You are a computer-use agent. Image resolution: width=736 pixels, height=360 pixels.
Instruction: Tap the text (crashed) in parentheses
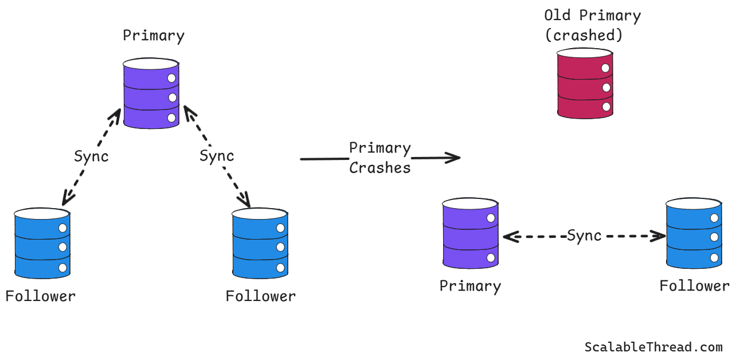584,35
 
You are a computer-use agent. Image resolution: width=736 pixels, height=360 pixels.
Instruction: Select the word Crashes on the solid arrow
380,168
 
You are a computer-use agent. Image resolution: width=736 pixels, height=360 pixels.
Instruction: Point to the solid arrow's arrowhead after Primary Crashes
456,157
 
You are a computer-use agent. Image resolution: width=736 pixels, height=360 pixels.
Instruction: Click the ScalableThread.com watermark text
653,347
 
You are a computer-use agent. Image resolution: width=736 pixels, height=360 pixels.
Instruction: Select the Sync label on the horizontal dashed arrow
584,236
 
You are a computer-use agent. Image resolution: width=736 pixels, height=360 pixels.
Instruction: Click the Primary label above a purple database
154,36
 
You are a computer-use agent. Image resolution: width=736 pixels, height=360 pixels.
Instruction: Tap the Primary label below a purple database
470,286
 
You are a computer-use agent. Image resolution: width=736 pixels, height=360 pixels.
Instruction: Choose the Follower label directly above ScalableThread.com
694,286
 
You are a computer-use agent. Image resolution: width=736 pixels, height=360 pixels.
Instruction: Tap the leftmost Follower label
40,296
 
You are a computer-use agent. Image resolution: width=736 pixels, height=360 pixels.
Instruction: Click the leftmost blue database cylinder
42,243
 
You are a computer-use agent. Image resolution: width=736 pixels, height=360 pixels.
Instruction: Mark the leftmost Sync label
91,156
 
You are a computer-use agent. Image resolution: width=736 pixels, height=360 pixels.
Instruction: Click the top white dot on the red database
605,69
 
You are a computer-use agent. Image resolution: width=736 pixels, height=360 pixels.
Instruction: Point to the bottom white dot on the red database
605,107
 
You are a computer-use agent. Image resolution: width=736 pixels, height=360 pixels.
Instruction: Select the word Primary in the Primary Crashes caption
380,148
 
